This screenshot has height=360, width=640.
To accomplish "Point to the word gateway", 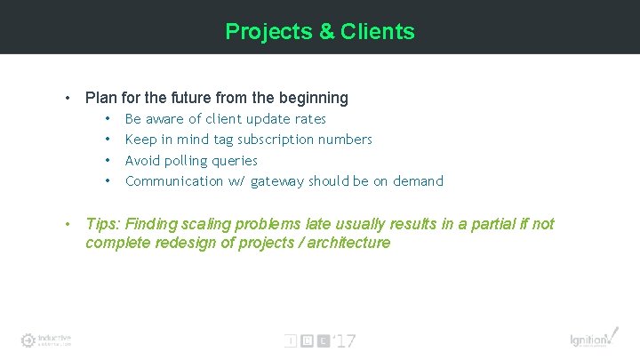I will (x=277, y=181).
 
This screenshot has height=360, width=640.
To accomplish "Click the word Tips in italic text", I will (x=101, y=224).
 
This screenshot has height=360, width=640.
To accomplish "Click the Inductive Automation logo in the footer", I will (x=46, y=340).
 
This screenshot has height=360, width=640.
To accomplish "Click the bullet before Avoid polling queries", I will (x=107, y=161).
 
